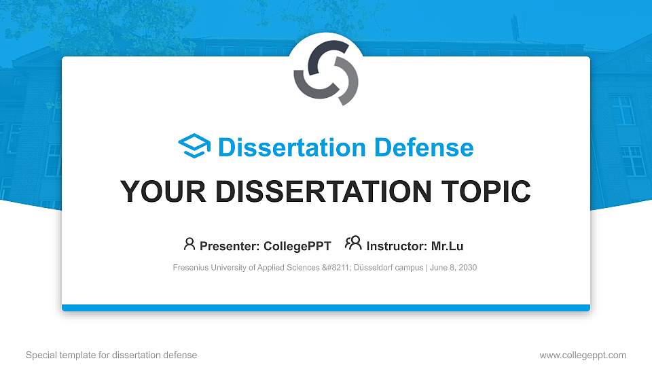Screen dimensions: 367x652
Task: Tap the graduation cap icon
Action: click(194, 147)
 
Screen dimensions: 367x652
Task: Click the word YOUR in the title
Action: click(154, 192)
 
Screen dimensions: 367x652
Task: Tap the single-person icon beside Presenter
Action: click(189, 244)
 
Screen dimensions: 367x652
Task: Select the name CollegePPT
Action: click(298, 246)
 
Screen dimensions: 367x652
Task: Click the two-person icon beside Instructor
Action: click(353, 244)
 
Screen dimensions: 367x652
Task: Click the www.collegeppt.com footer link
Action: click(583, 355)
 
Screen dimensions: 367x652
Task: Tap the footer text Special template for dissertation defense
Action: click(111, 355)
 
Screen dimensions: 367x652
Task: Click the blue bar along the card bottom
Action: click(325, 308)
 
